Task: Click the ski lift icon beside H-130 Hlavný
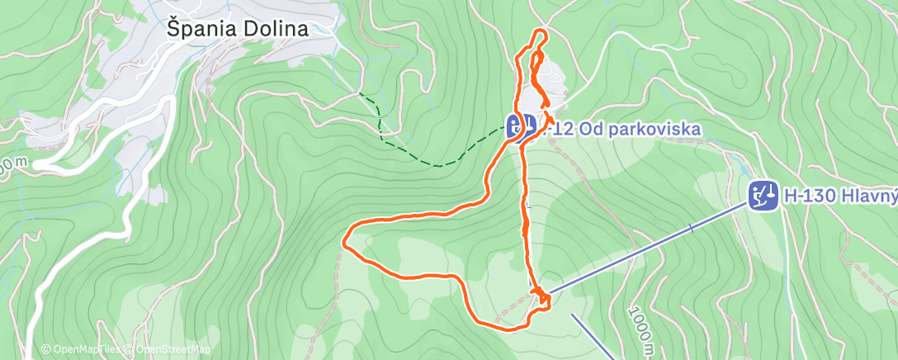[x=763, y=196]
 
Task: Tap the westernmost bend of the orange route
[x=343, y=241]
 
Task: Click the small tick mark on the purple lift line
[x=692, y=228]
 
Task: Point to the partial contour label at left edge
[x=10, y=168]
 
